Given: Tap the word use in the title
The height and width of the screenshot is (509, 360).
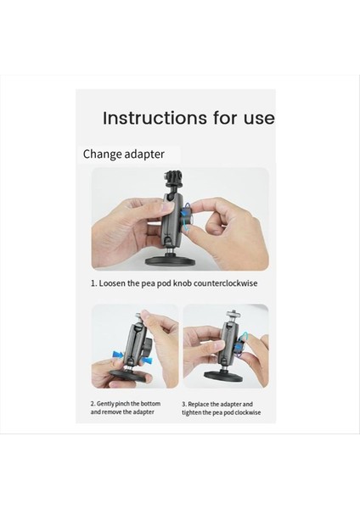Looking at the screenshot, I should point(256,118).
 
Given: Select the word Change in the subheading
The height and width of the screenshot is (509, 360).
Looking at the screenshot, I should point(104,154).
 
